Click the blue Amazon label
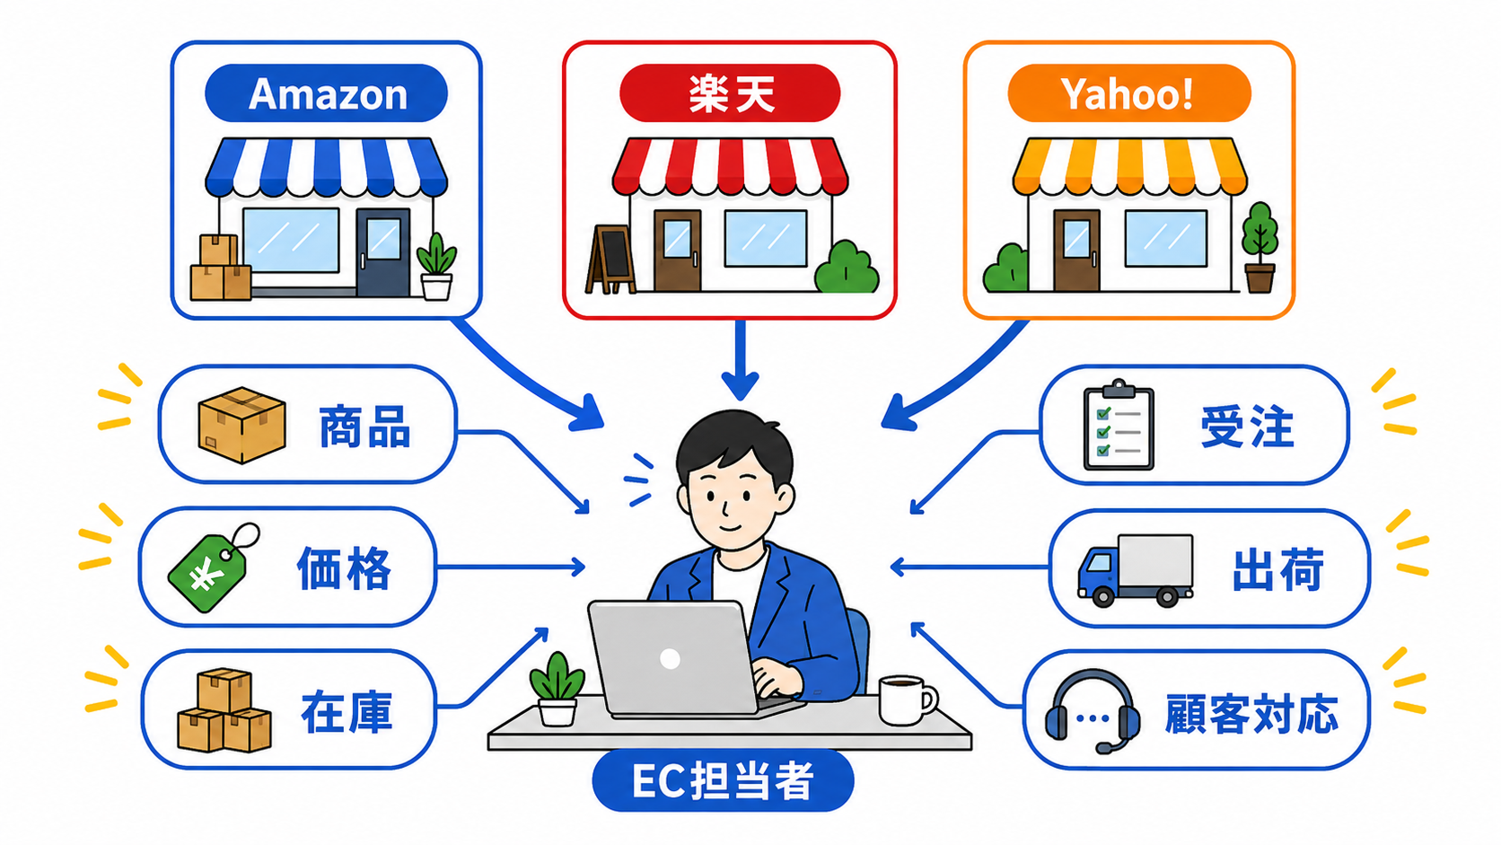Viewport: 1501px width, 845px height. point(327,93)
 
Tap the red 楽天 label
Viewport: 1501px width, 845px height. point(730,93)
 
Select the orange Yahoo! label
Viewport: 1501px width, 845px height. point(1129,93)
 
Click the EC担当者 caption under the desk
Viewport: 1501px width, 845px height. point(723,780)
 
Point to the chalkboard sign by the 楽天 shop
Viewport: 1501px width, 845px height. point(610,260)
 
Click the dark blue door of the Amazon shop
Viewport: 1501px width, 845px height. point(382,252)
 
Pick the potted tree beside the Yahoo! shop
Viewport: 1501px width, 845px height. point(1260,247)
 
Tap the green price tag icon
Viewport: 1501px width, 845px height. point(212,569)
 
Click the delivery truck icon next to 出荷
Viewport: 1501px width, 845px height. point(1135,570)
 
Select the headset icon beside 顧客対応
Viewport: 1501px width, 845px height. point(1093,711)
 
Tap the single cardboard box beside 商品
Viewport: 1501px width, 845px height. point(241,425)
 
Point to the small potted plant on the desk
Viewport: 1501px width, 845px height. point(557,689)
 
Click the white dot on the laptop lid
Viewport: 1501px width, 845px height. point(670,659)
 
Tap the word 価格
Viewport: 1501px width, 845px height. point(344,569)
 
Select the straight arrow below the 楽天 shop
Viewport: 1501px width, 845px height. point(740,360)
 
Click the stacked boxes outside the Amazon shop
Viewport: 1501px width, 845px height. point(221,268)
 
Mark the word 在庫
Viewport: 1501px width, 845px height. point(347,711)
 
